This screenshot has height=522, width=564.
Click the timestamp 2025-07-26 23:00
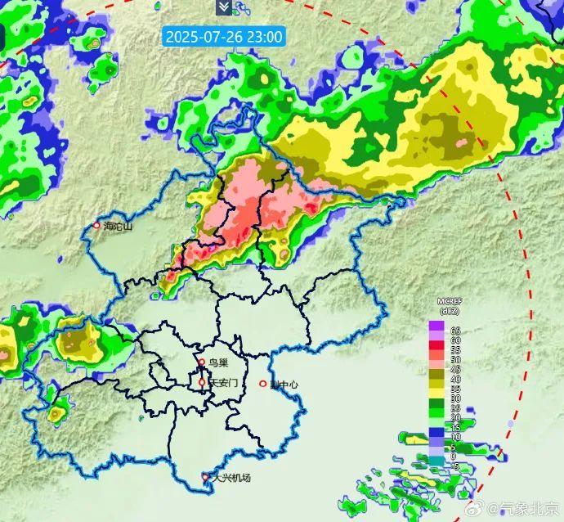[224, 37]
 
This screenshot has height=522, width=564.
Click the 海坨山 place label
[118, 226]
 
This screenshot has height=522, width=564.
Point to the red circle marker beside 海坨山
[96, 226]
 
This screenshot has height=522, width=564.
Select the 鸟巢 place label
[217, 362]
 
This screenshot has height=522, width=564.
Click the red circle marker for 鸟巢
[202, 362]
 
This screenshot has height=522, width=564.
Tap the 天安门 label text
[223, 382]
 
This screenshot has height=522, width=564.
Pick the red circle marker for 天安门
[202, 382]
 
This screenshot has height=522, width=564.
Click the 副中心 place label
[284, 384]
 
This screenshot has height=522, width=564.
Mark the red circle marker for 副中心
[263, 384]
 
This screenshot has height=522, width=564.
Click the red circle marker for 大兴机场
[206, 476]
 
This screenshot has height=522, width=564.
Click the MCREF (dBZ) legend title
[449, 307]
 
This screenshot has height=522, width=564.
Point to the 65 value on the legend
[456, 330]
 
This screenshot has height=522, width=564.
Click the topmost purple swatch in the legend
[436, 326]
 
